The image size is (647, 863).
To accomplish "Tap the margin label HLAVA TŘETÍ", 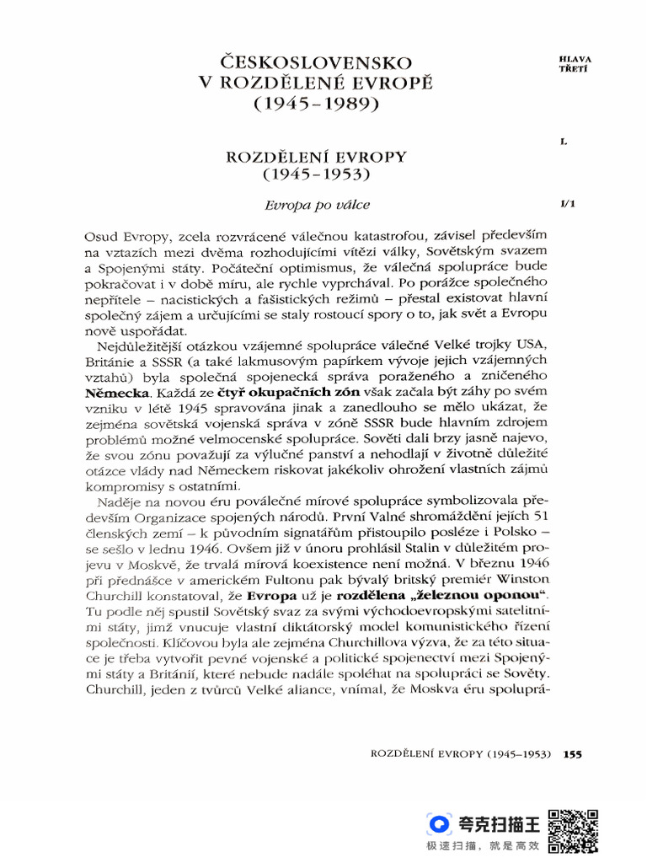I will [575, 63].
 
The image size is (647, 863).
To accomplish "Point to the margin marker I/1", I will [566, 205].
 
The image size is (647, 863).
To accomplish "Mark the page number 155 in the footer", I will [573, 754].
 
